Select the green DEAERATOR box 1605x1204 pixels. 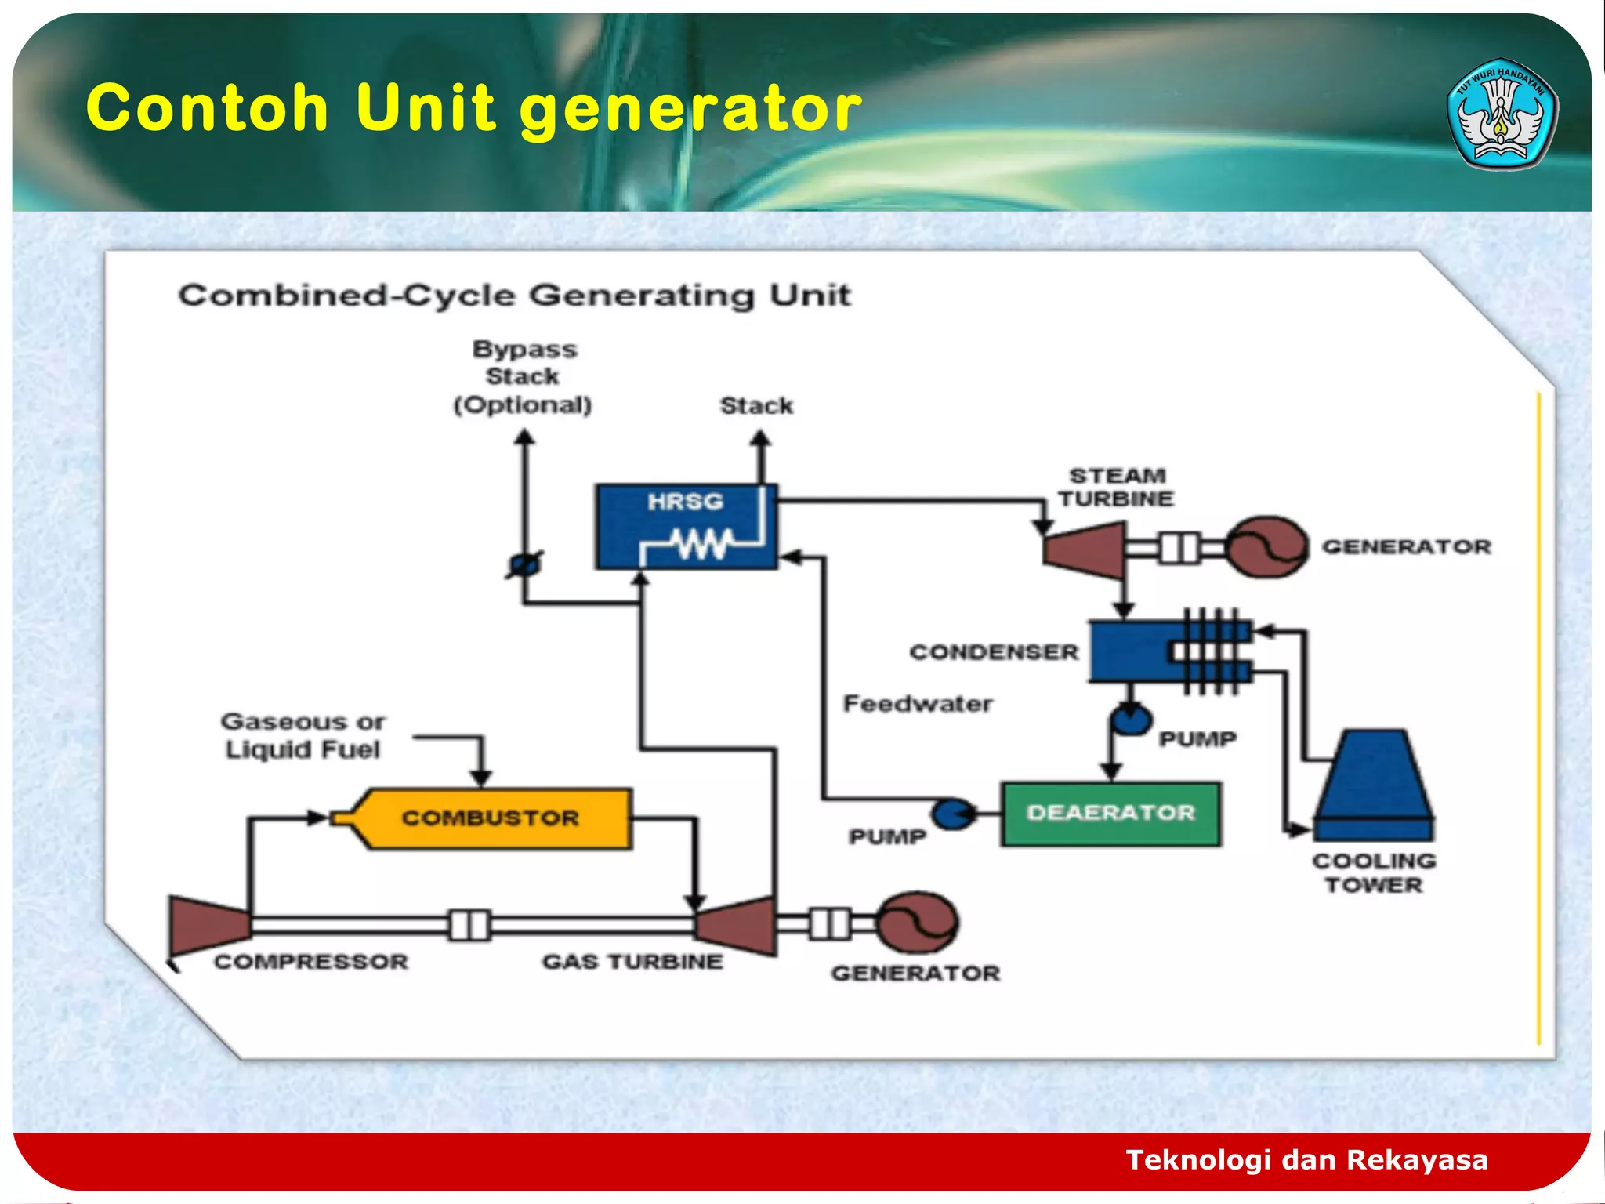click(x=1110, y=814)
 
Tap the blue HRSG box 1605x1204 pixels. click(x=686, y=526)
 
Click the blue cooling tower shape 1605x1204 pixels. click(x=1374, y=784)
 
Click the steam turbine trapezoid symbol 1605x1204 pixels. click(x=1085, y=548)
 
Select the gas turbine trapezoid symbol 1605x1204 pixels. click(x=737, y=926)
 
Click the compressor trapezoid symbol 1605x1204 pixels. click(x=208, y=925)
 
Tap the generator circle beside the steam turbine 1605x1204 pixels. click(x=1266, y=547)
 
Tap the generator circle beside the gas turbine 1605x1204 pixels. click(x=917, y=923)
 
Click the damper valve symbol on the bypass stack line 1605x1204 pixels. click(x=524, y=564)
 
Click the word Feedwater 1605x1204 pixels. click(x=918, y=703)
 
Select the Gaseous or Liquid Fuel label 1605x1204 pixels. click(x=303, y=735)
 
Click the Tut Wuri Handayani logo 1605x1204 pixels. click(x=1502, y=114)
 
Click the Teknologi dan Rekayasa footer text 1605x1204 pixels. click(x=1306, y=1159)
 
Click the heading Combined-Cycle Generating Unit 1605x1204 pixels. click(x=515, y=296)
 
